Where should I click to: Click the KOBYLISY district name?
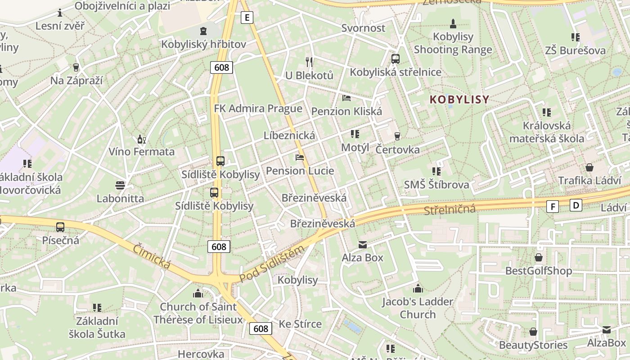click(459, 99)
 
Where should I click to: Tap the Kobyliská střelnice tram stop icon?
click(396, 59)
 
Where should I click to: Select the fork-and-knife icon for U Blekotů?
click(309, 62)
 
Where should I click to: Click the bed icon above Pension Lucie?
click(300, 157)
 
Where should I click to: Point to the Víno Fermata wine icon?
click(142, 139)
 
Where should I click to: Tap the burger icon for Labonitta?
click(120, 185)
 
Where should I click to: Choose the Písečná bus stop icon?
click(60, 227)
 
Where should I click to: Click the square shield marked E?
click(247, 18)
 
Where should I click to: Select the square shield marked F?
click(553, 207)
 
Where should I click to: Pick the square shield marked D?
click(576, 205)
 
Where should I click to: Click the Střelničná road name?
click(450, 209)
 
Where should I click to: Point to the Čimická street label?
click(152, 257)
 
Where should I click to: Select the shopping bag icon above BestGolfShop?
click(539, 258)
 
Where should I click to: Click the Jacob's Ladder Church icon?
click(418, 288)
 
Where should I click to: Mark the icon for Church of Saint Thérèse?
click(198, 294)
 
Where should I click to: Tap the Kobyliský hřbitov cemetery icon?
click(203, 31)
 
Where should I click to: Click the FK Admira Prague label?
click(258, 108)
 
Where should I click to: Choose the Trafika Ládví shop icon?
click(589, 167)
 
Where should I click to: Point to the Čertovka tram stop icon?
click(397, 136)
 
